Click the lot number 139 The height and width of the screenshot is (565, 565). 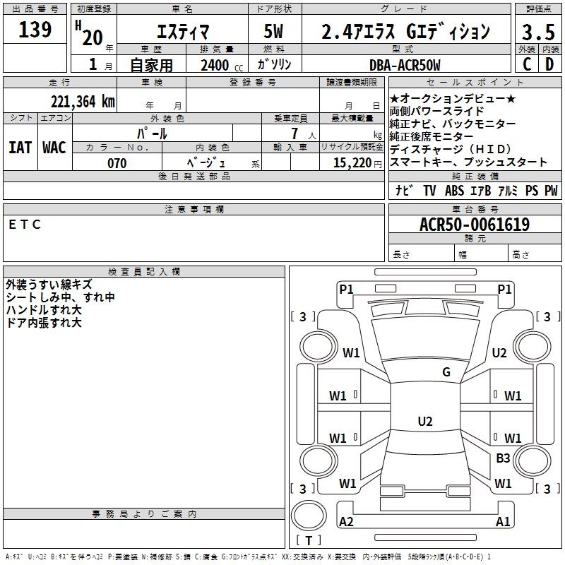click(x=35, y=30)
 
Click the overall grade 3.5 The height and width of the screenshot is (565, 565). click(x=538, y=32)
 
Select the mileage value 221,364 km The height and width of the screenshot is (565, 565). click(x=83, y=102)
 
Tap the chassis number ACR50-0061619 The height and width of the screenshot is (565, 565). click(x=475, y=225)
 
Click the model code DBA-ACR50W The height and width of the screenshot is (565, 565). click(x=405, y=65)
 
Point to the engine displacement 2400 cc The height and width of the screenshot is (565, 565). click(x=222, y=65)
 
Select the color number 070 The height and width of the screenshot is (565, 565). click(x=117, y=163)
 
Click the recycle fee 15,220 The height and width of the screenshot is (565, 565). click(x=352, y=163)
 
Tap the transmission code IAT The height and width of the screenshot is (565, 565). click(x=20, y=148)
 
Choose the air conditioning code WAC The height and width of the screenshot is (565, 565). click(x=54, y=148)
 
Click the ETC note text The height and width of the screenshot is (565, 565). click(x=25, y=225)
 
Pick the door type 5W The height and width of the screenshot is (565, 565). click(x=273, y=31)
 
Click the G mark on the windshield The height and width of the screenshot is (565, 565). click(x=446, y=372)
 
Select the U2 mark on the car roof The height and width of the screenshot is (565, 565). click(x=425, y=421)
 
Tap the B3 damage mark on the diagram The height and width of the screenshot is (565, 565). click(x=503, y=458)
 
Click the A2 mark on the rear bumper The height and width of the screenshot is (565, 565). click(x=346, y=522)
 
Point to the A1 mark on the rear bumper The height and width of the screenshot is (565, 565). click(x=503, y=522)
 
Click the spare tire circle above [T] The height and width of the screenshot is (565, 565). click(x=309, y=516)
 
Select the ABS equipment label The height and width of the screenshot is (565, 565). click(x=454, y=191)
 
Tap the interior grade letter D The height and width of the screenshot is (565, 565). click(x=549, y=64)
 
